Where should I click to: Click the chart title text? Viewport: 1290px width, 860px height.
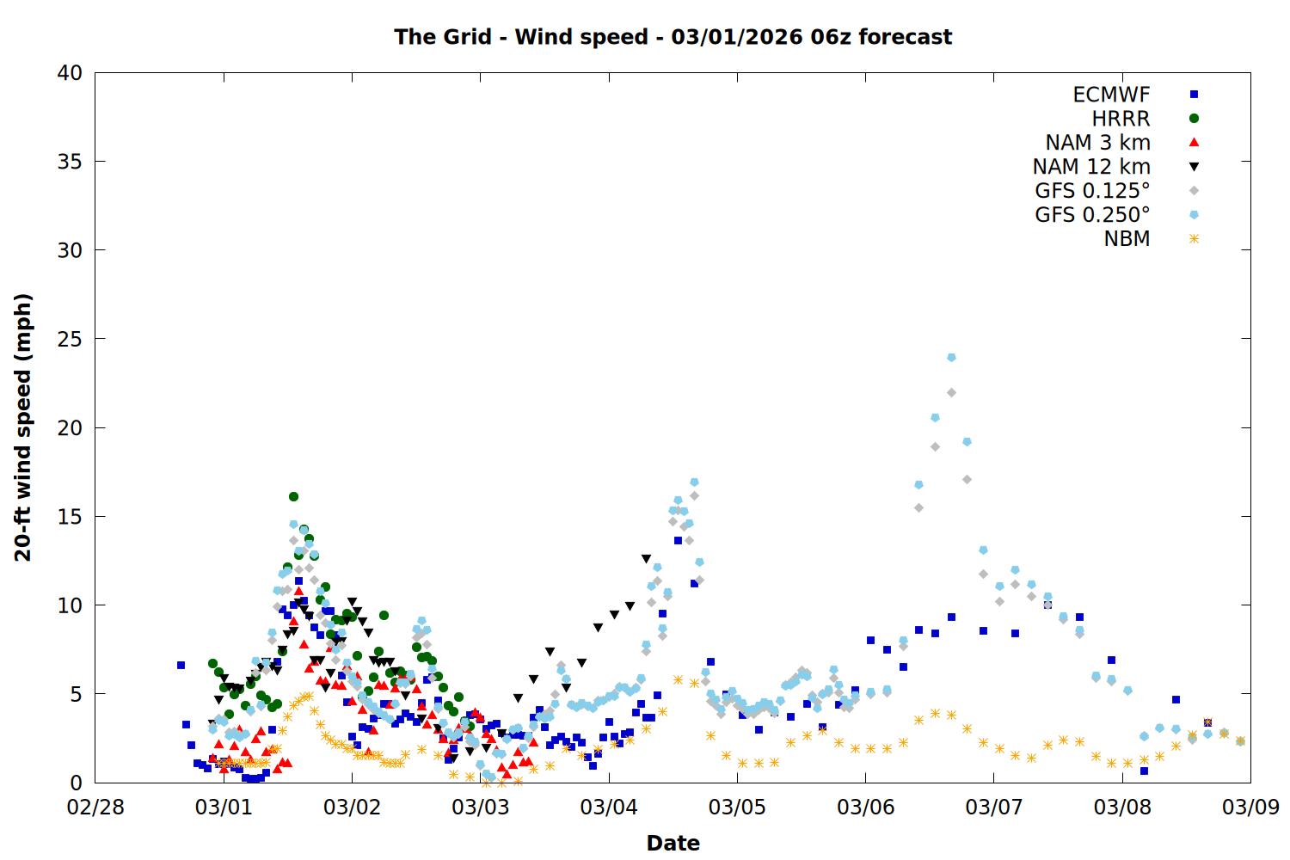[x=673, y=37]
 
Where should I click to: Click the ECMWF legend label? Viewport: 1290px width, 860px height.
[x=1111, y=95]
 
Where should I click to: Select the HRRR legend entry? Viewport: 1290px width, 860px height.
[x=1121, y=119]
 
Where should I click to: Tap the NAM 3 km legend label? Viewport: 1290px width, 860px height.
[x=1097, y=143]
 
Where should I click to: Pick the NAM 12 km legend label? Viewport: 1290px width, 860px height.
[x=1091, y=167]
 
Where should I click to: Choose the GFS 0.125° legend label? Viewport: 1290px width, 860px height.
[x=1092, y=191]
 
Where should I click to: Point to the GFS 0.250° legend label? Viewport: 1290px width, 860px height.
[x=1092, y=215]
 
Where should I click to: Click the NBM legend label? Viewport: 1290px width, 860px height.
[x=1127, y=239]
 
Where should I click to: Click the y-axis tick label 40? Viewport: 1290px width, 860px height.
[x=70, y=73]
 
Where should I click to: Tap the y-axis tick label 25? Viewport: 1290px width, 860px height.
[x=70, y=339]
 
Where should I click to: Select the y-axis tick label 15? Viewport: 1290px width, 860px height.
[x=70, y=517]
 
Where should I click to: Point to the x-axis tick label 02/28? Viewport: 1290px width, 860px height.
[x=95, y=808]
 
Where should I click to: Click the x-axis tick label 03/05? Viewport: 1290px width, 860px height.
[x=737, y=808]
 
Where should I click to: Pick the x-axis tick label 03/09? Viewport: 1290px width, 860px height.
[x=1250, y=808]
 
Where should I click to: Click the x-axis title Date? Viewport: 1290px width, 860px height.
[x=673, y=843]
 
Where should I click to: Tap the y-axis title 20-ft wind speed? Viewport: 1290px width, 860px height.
[x=23, y=427]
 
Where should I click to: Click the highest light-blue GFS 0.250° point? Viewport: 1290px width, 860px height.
[x=951, y=358]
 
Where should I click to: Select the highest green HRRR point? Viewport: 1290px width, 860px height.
[x=293, y=496]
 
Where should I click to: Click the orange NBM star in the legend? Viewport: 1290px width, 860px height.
[x=1194, y=239]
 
